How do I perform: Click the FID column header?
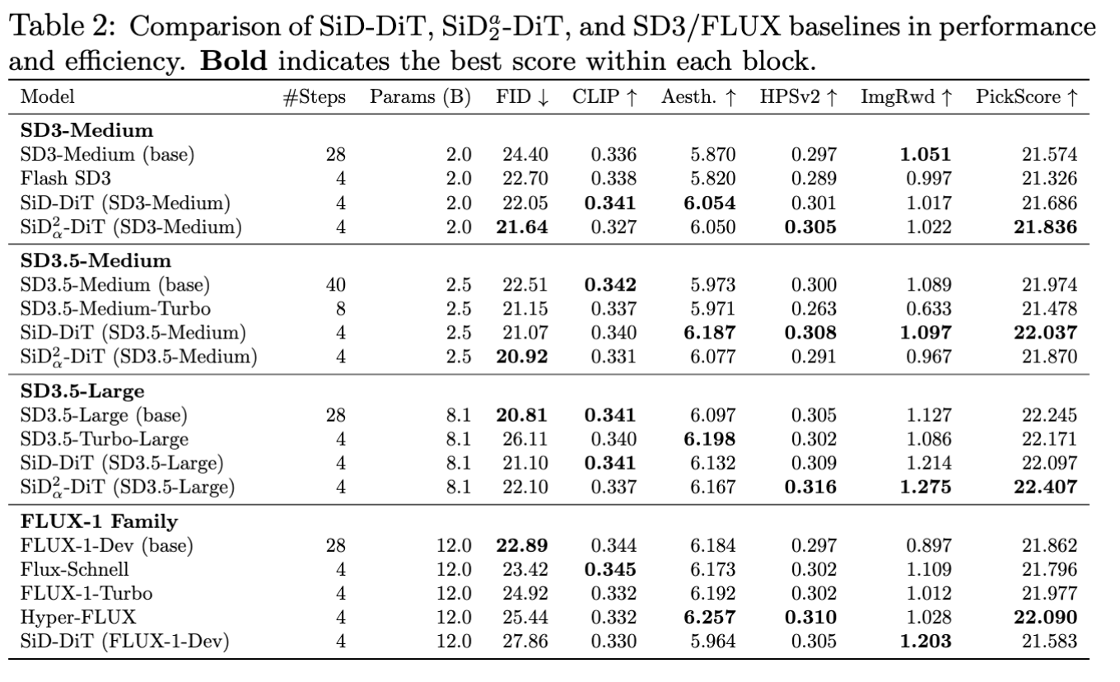click(521, 96)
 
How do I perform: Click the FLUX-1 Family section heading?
click(80, 521)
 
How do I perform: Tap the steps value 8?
click(339, 310)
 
